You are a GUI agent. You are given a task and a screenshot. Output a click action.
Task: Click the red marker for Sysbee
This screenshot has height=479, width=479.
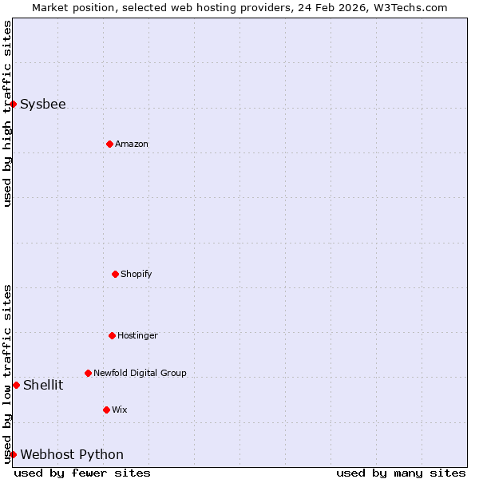(13, 104)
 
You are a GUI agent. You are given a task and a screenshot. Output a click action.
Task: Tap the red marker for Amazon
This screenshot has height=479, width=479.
(109, 144)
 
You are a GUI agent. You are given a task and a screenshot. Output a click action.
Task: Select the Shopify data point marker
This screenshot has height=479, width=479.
(115, 274)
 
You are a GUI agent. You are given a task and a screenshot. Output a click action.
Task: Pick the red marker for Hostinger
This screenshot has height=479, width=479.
(112, 335)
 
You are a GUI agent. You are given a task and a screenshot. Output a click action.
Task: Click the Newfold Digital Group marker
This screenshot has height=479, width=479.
(88, 373)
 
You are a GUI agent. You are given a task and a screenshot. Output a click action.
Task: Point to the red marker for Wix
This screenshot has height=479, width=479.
(106, 410)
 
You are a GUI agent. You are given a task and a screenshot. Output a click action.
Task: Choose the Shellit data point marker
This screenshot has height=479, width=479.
(16, 385)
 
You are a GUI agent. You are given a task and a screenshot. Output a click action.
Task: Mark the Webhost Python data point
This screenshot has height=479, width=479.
(13, 454)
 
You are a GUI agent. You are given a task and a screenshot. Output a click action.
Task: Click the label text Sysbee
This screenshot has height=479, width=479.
(43, 104)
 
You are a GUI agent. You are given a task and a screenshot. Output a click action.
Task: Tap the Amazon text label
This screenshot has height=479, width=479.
(132, 144)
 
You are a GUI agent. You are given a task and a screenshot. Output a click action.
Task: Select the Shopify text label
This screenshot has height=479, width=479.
(137, 274)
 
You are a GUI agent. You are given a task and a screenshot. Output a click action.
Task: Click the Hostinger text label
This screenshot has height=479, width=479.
(137, 335)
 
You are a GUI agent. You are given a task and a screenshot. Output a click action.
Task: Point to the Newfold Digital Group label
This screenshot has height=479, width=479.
(140, 373)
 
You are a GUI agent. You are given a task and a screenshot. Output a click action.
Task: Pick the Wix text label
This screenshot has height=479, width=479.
(120, 410)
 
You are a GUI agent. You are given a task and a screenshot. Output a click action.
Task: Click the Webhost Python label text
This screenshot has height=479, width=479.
(72, 454)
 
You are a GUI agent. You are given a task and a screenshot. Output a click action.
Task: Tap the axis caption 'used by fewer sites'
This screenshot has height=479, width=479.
(82, 473)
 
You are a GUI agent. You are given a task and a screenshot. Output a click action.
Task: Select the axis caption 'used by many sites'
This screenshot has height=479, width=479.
(401, 473)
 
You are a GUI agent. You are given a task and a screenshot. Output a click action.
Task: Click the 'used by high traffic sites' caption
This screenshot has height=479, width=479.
(7, 113)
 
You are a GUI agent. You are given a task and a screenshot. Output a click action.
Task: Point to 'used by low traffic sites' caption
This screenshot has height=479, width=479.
(7, 374)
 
